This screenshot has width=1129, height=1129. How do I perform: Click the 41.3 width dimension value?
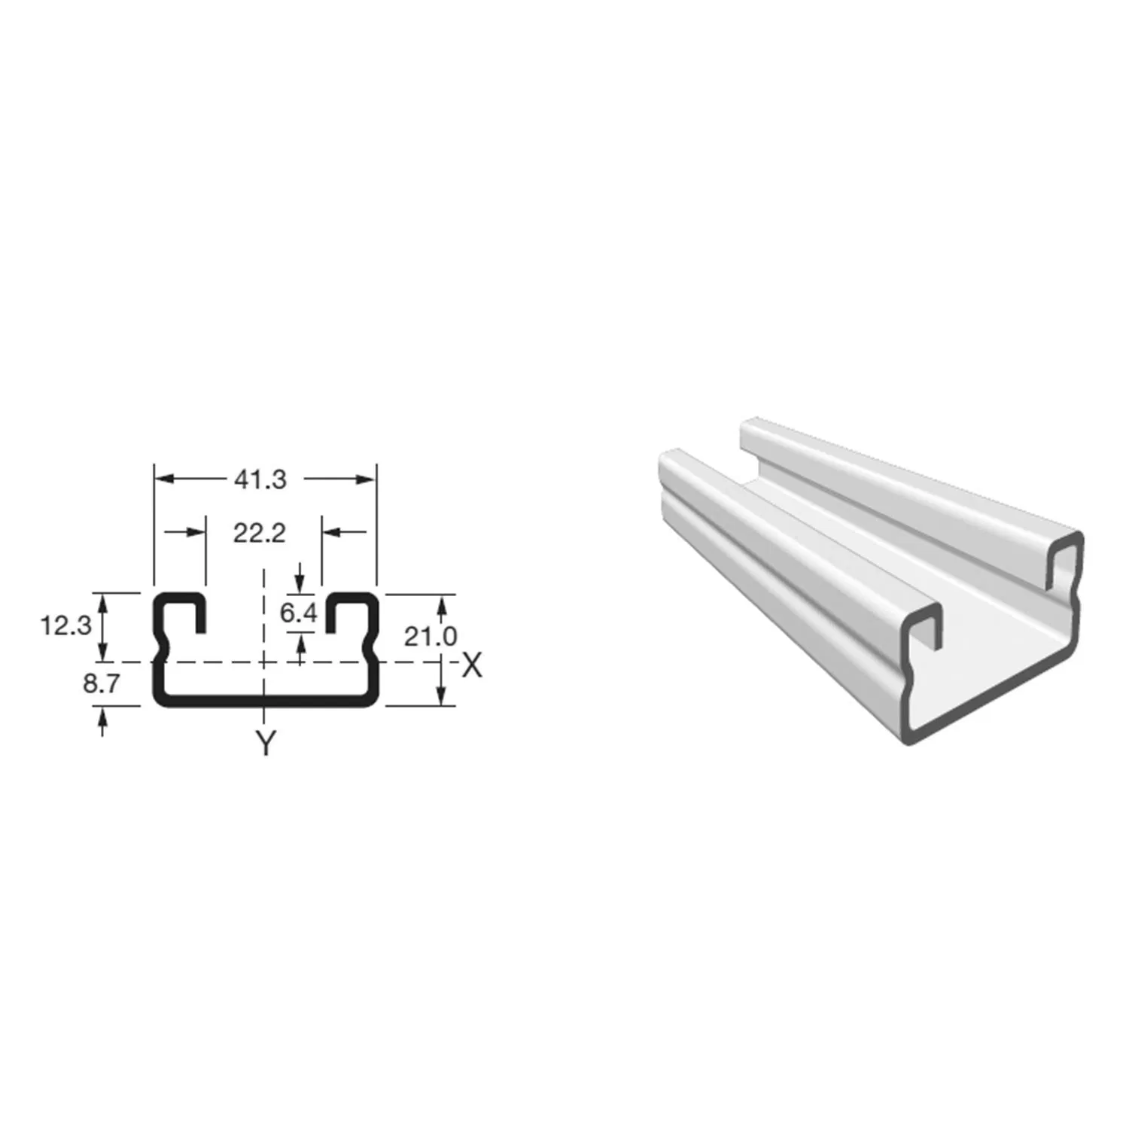pyautogui.click(x=260, y=479)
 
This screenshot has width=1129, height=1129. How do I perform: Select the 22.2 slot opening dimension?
pyautogui.click(x=260, y=533)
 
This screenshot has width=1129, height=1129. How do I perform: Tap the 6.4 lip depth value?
pyautogui.click(x=298, y=613)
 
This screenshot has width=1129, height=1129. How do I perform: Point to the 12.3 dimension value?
pyautogui.click(x=66, y=625)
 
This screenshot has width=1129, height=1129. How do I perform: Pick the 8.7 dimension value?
pyautogui.click(x=101, y=683)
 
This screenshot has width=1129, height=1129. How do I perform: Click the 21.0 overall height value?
pyautogui.click(x=431, y=636)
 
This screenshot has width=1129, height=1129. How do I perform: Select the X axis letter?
pyautogui.click(x=471, y=665)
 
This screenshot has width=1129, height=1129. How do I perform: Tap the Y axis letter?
pyautogui.click(x=265, y=744)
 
